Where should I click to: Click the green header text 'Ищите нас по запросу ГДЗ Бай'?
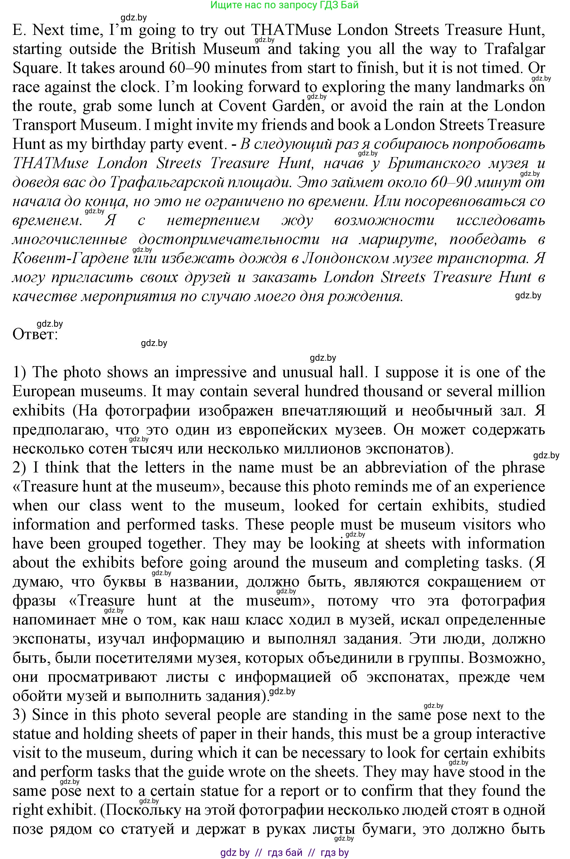pyautogui.click(x=284, y=5)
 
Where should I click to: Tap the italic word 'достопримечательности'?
pyautogui.click(x=229, y=239)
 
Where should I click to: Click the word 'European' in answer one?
pyautogui.click(x=44, y=391)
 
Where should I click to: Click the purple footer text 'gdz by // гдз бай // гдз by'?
pyautogui.click(x=284, y=852)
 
